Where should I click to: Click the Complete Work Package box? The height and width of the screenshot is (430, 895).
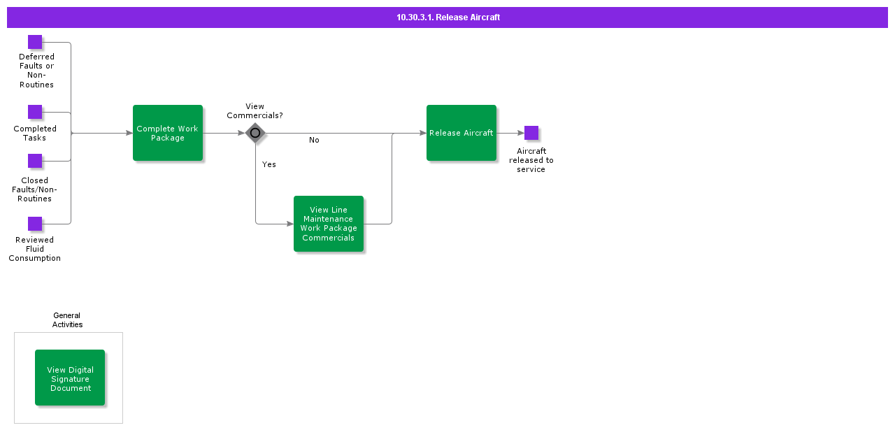pyautogui.click(x=168, y=133)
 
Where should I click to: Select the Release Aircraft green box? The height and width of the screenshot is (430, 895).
pyautogui.click(x=461, y=133)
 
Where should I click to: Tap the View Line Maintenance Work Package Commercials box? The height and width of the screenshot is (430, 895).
pyautogui.click(x=329, y=224)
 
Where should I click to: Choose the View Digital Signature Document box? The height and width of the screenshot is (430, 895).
pyautogui.click(x=70, y=378)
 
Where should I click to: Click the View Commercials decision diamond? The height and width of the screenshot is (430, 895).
pyautogui.click(x=255, y=133)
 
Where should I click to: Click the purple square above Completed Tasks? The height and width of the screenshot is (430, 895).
pyautogui.click(x=35, y=113)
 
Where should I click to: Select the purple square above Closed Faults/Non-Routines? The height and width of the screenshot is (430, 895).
pyautogui.click(x=35, y=161)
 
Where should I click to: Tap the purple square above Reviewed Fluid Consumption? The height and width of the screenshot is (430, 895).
pyautogui.click(x=35, y=224)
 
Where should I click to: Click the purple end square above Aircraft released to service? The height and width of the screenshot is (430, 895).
pyautogui.click(x=531, y=133)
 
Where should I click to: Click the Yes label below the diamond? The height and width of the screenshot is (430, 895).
pyautogui.click(x=269, y=164)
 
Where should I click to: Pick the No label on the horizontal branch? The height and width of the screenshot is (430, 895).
pyautogui.click(x=314, y=140)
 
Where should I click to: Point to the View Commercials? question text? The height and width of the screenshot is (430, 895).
pyautogui.click(x=255, y=111)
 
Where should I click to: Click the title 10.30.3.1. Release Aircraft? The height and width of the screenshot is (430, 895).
pyautogui.click(x=448, y=17)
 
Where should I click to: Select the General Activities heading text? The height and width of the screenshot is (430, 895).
pyautogui.click(x=67, y=320)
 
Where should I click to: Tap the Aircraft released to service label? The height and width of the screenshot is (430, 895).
pyautogui.click(x=531, y=160)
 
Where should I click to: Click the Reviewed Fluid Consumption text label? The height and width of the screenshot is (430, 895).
pyautogui.click(x=35, y=249)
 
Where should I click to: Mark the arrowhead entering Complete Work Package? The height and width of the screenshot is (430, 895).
pyautogui.click(x=129, y=133)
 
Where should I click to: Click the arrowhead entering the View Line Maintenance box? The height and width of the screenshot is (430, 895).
pyautogui.click(x=290, y=224)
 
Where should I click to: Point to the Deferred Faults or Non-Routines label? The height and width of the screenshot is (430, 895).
pyautogui.click(x=36, y=71)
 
